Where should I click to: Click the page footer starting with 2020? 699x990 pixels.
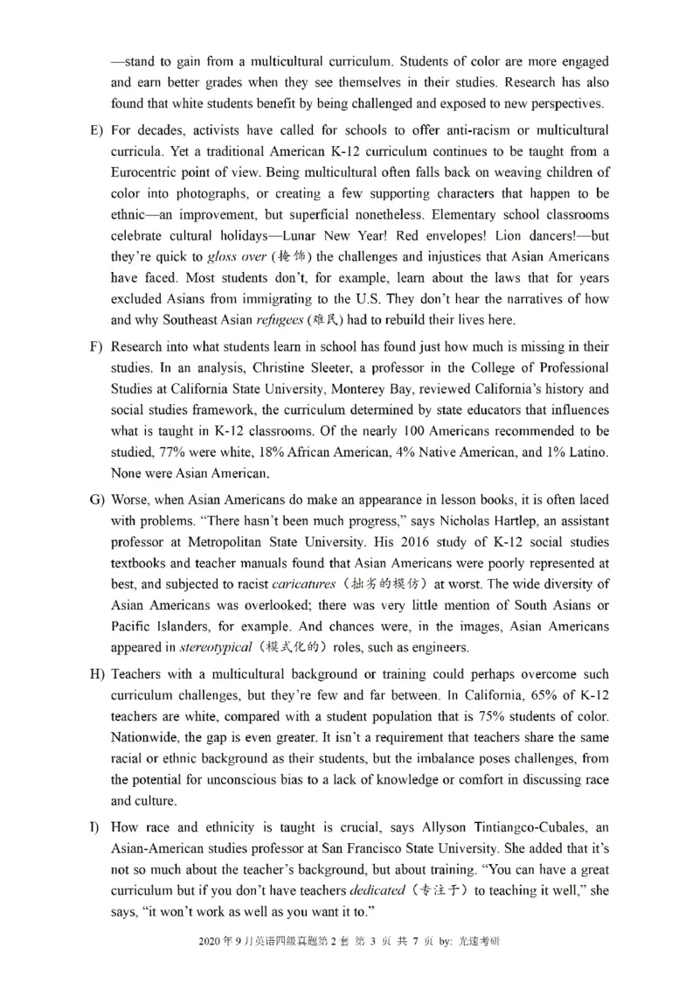(349, 966)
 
